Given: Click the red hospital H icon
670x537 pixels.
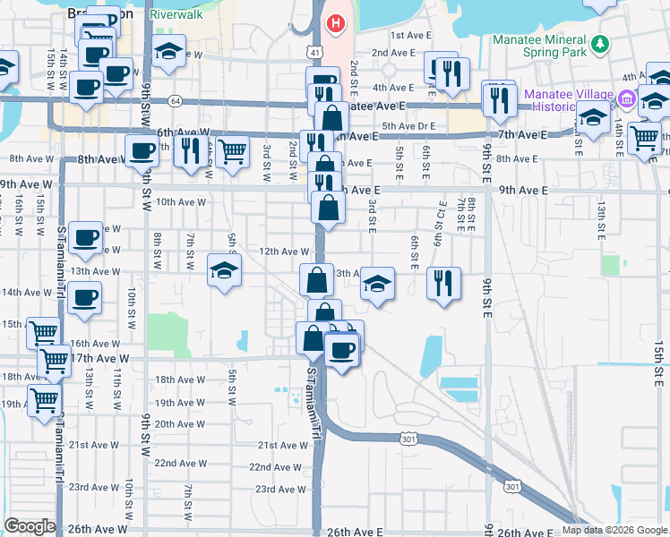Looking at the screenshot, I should click(335, 21).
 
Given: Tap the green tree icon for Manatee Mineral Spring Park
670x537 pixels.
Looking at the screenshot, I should click(602, 42).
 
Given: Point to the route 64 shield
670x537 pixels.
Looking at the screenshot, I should click(174, 100).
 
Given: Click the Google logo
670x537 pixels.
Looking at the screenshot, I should click(30, 526).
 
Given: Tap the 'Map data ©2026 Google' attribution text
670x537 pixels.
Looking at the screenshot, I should click(614, 530).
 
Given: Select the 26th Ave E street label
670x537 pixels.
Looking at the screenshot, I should click(355, 532).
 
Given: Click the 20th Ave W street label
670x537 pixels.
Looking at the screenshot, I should click(180, 424).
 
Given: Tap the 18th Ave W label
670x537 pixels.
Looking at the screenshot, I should click(180, 379).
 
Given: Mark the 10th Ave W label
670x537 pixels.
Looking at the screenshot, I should click(180, 202).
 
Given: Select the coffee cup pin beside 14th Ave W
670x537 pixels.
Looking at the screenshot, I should click(84, 298).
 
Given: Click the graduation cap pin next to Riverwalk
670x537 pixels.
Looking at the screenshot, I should click(167, 51).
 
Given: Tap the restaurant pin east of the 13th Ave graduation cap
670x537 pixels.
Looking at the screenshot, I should click(443, 284).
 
